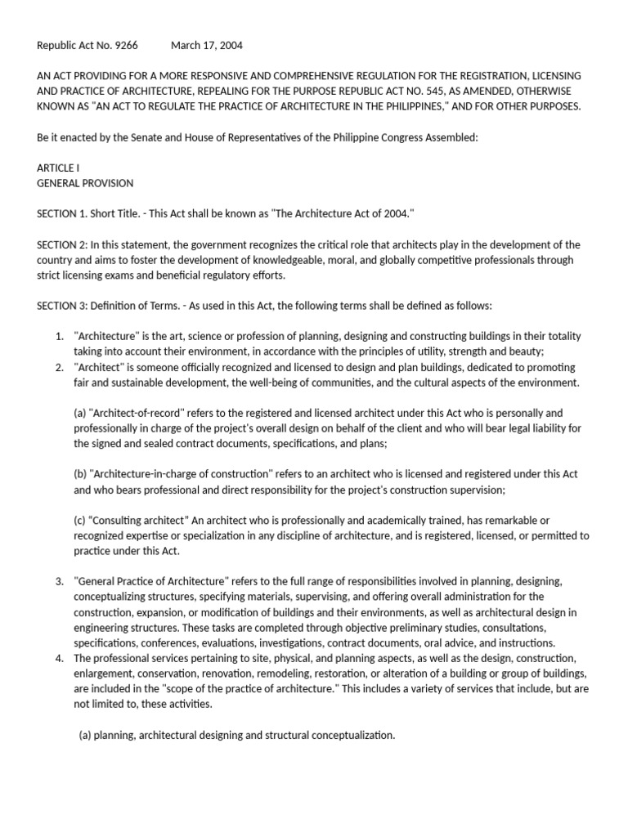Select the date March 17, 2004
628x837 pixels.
(207, 46)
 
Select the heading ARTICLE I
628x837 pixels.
(59, 168)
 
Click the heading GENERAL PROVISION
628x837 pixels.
(85, 183)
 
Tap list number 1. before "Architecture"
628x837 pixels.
(60, 336)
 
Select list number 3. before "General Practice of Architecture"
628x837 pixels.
(60, 581)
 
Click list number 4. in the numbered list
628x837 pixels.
(60, 658)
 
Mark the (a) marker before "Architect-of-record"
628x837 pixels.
(80, 413)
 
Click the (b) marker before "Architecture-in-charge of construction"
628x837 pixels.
(80, 474)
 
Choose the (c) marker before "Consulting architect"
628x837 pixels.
(80, 521)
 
